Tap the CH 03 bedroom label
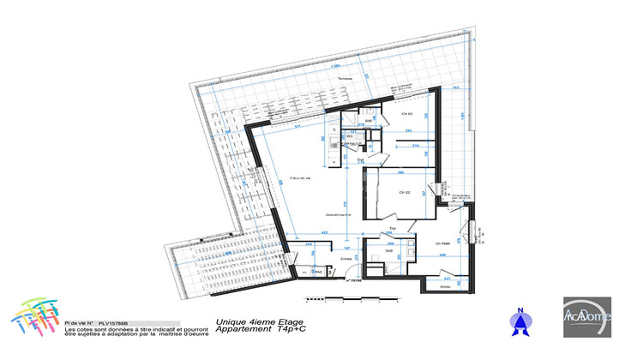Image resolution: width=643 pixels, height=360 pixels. tap(407, 114)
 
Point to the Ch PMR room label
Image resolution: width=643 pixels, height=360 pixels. tap(443, 244)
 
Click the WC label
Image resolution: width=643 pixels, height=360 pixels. tap(350, 136)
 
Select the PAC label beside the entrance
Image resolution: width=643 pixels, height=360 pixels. tap(316, 273)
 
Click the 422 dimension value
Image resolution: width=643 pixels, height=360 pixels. tap(326, 233)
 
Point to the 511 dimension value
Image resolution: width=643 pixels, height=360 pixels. tap(297, 126)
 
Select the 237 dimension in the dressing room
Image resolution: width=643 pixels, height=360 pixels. tap(448, 279)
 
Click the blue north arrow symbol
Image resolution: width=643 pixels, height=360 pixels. tap(517, 321)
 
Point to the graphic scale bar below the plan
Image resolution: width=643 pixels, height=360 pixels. tap(351, 301)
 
